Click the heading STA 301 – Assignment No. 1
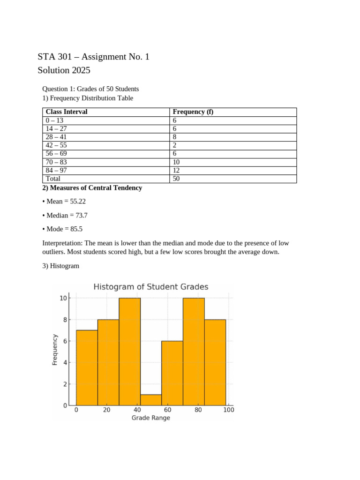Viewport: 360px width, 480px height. click(93, 57)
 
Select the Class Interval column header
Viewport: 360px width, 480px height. click(67, 112)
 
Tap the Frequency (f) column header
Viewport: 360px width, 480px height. click(193, 112)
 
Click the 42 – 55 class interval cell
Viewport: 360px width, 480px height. click(56, 145)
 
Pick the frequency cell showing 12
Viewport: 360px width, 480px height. click(176, 171)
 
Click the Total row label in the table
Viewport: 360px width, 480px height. click(53, 179)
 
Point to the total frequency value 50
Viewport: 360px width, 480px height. click(176, 179)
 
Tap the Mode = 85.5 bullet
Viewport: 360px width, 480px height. click(64, 229)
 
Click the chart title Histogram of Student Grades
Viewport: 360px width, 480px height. click(151, 287)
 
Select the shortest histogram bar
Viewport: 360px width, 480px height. click(151, 400)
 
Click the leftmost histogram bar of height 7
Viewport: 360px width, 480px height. click(87, 368)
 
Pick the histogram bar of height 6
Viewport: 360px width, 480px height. click(172, 373)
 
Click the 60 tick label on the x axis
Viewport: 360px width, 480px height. click(168, 410)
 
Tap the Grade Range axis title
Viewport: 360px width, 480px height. click(150, 418)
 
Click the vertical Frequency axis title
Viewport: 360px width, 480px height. click(55, 349)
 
